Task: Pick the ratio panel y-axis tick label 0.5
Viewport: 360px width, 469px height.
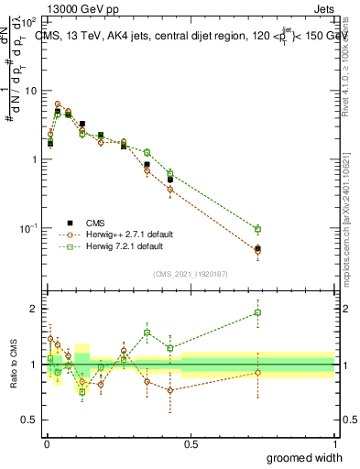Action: [x=31, y=420]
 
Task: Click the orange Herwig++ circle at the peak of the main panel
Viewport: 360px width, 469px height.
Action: [x=58, y=104]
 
